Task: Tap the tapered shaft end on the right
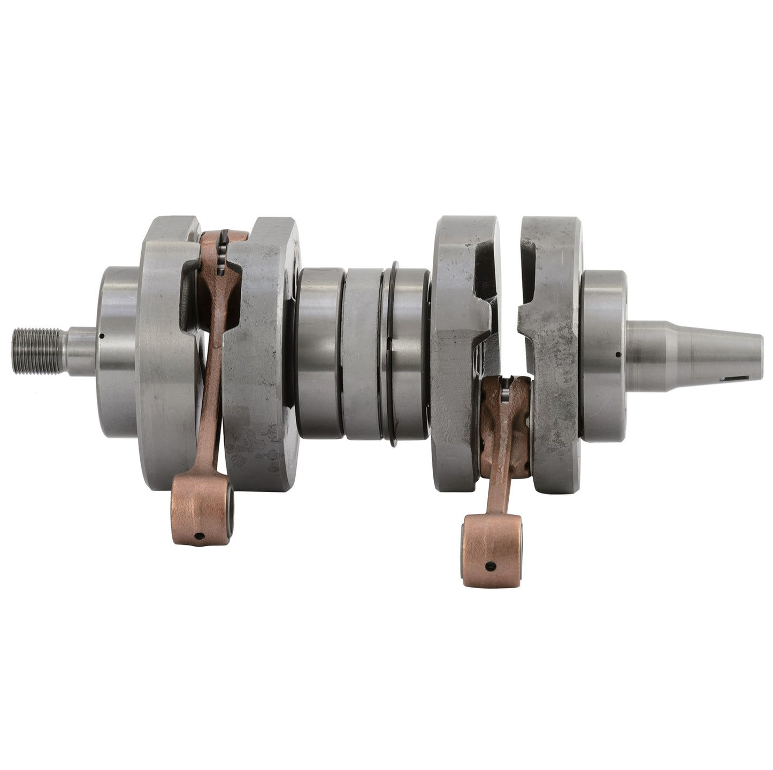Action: (x=695, y=350)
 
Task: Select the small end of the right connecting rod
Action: (x=491, y=550)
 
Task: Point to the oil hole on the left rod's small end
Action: (x=199, y=536)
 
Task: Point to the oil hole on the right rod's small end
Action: (x=489, y=566)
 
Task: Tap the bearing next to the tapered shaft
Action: (x=603, y=356)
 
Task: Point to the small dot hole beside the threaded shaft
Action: (x=101, y=336)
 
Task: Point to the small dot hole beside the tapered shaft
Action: (x=618, y=354)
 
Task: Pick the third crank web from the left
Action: (x=460, y=353)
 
